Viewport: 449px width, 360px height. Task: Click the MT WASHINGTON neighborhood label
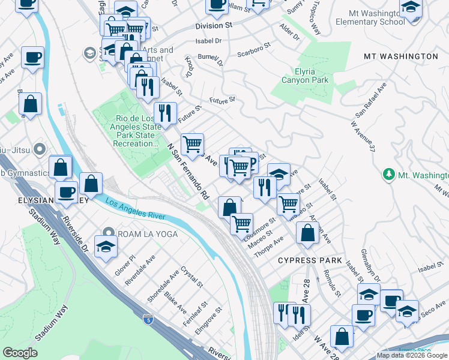coord(400,56)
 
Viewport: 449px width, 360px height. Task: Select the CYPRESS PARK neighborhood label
coord(310,261)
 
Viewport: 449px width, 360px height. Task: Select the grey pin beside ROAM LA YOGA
coord(108,233)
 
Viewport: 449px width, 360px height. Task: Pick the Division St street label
coord(214,26)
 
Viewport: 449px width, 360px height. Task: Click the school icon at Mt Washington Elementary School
coord(411,8)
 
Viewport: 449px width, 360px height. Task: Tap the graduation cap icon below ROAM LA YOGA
coord(106,248)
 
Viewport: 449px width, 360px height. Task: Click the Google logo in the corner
coord(20,353)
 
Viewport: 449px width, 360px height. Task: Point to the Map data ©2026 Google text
coord(412,355)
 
